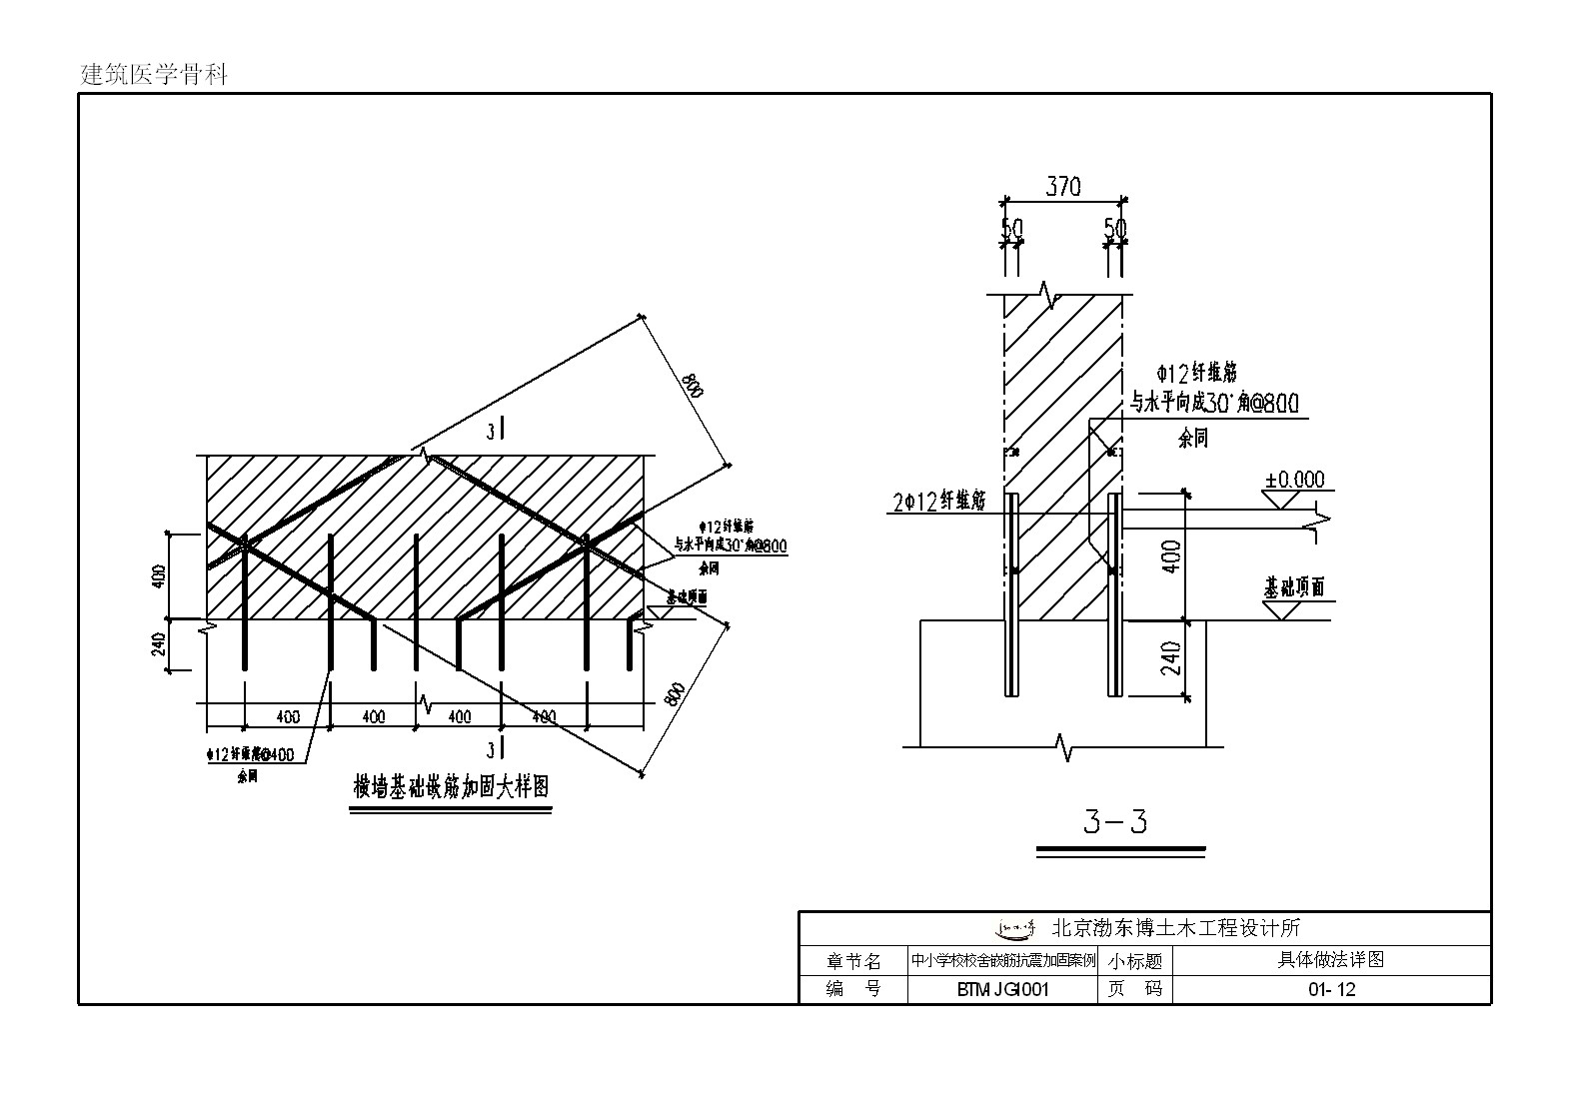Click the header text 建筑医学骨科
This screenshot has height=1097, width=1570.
pos(154,74)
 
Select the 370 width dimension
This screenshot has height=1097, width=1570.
pos(1062,187)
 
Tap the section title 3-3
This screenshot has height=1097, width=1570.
pos(1115,822)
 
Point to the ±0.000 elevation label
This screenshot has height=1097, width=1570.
pos(1294,480)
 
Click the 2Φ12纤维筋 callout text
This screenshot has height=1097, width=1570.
pos(940,501)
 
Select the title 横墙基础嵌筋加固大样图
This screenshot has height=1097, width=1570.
pos(451,787)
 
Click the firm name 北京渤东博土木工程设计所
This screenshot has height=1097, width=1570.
pos(1176,928)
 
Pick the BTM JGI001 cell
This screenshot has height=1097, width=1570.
pos(1002,990)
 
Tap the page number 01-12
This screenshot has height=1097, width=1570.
pos(1331,990)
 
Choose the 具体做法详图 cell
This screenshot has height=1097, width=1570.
pos(1331,960)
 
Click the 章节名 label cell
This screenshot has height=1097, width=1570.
pos(852,961)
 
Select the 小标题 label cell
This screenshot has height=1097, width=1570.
pos(1134,961)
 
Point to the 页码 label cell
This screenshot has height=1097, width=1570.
pos(1134,990)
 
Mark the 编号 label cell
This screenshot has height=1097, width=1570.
pos(852,990)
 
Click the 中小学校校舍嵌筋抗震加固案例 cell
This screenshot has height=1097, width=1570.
pos(1002,961)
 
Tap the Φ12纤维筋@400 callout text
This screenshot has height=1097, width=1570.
pos(250,755)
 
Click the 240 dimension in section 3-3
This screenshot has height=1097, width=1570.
pos(1171,657)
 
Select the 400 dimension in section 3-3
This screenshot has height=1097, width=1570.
pos(1171,555)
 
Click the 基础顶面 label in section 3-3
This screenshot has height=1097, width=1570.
pos(1294,586)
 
